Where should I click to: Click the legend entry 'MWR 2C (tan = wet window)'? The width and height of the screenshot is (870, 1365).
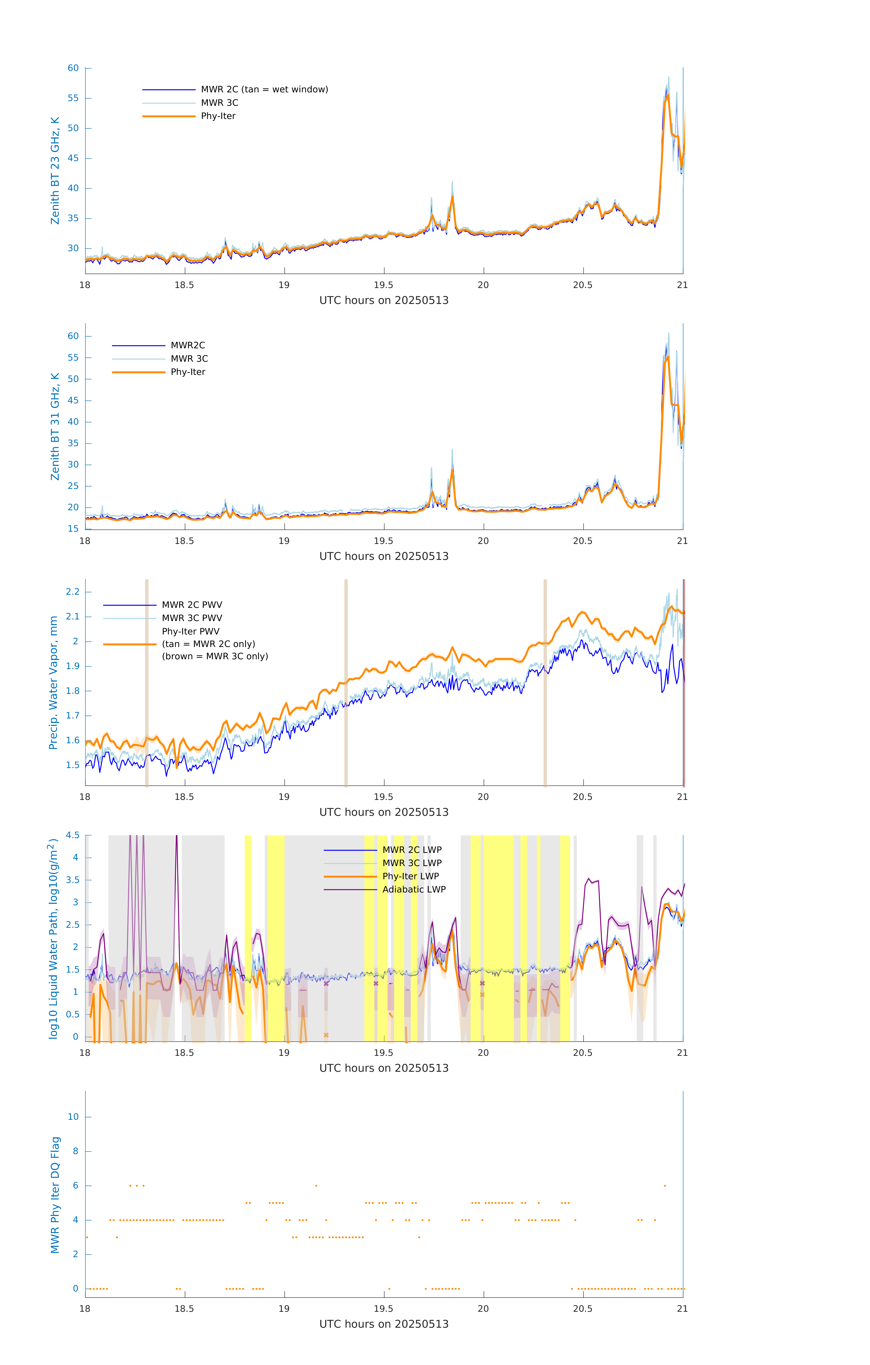(264, 90)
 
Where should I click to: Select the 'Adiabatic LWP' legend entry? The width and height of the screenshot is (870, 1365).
(414, 889)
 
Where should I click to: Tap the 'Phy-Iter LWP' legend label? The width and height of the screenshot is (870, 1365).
(410, 876)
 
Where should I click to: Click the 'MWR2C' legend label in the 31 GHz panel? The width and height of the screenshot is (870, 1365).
(188, 345)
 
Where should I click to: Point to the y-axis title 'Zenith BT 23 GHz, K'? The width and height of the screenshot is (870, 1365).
(55, 171)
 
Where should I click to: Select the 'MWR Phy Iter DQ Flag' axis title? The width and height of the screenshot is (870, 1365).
(55, 1195)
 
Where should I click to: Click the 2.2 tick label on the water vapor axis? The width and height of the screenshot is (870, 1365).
(73, 592)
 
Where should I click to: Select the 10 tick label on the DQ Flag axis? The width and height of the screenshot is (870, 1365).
(73, 1117)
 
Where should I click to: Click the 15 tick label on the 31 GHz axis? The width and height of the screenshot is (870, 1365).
(73, 529)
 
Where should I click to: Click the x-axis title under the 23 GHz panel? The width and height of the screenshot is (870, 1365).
(384, 301)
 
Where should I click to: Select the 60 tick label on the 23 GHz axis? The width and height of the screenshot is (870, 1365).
(73, 68)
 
